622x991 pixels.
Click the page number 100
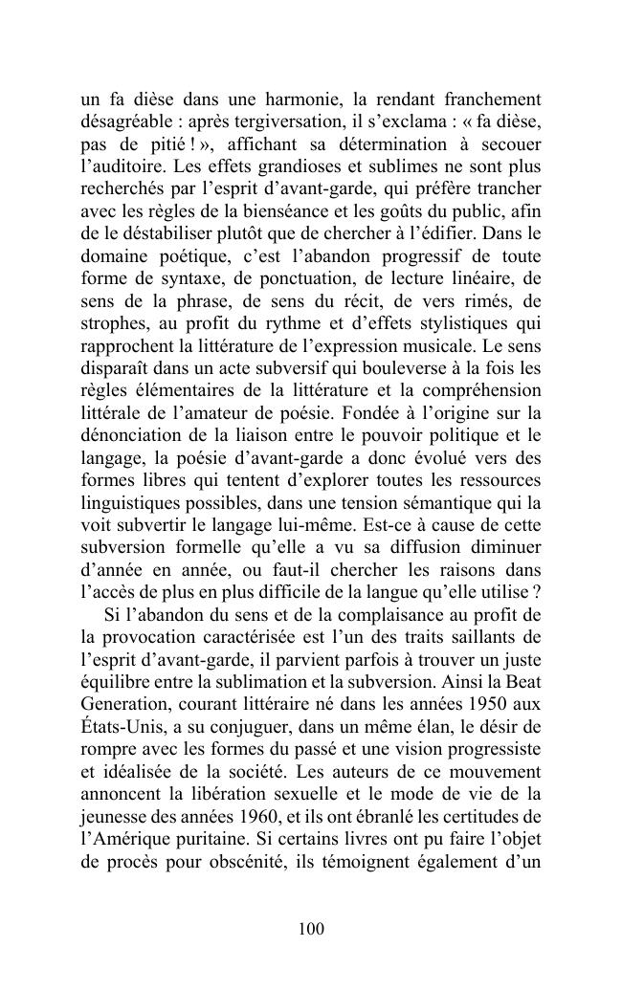[311, 929]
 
